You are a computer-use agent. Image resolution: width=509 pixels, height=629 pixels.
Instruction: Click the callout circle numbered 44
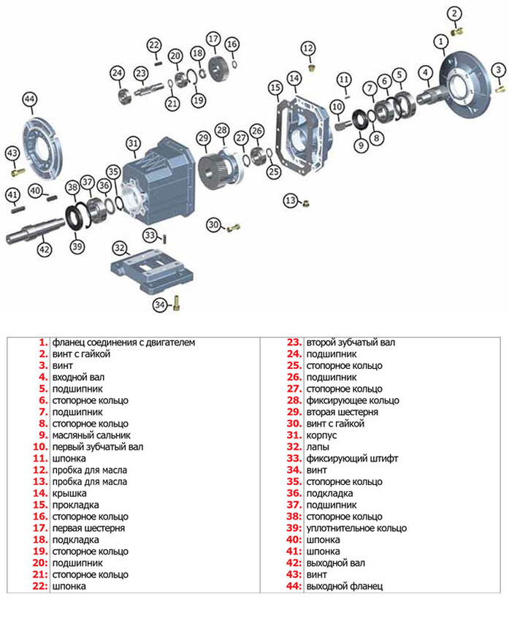coord(30,99)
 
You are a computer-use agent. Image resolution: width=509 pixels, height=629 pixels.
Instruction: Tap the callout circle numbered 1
coord(441,42)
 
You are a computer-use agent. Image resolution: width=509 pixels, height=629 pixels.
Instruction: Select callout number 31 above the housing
coord(133,144)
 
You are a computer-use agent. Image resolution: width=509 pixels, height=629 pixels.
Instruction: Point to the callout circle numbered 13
coord(291,201)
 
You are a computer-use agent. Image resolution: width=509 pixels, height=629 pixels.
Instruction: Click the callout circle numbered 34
coord(160,305)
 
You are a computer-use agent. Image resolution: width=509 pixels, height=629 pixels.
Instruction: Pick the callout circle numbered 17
coord(213,39)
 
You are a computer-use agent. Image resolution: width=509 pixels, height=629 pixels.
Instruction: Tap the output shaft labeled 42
coord(35,230)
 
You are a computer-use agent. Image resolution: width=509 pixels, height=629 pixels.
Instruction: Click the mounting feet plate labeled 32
coord(152,270)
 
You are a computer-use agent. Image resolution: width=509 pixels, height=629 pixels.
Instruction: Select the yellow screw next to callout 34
coord(176,302)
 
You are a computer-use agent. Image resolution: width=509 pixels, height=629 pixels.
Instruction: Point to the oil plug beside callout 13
coord(306,203)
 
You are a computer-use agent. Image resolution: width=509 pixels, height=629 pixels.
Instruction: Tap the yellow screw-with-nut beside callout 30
coord(233,228)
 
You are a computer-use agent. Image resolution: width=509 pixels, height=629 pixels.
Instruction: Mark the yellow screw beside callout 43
coord(18,172)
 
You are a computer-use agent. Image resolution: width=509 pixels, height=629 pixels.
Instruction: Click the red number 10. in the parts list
coord(40,447)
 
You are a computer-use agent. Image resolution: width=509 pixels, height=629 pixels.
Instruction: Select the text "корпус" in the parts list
coord(321,435)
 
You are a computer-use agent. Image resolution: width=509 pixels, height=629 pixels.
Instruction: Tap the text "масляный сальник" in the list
coord(91,435)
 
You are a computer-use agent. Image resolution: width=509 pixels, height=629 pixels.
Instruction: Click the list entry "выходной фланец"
coord(345,587)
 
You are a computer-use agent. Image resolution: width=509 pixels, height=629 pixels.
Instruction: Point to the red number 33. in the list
coord(294,459)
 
